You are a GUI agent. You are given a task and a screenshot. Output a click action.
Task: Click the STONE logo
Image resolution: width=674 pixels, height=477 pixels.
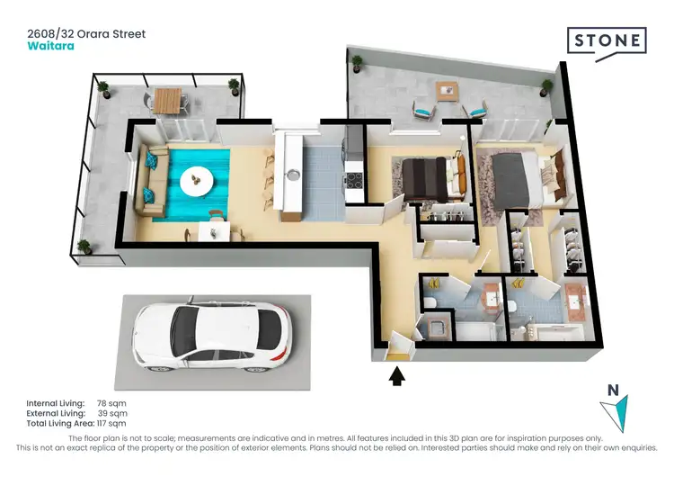(606, 40)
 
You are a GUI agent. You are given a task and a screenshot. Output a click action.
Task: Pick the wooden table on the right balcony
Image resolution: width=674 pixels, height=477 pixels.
(447, 92)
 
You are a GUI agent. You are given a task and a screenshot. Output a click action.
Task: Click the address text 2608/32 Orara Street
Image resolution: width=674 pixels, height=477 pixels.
(86, 34)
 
